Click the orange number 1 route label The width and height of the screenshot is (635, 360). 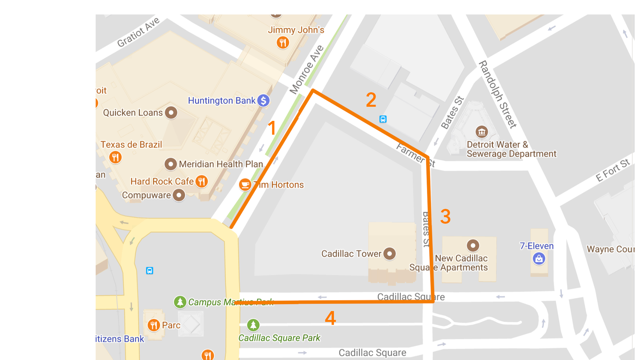[271, 128]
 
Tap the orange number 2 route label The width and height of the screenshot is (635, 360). [371, 100]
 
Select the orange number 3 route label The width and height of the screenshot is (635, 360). [445, 217]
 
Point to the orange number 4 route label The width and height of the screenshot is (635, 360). [330, 318]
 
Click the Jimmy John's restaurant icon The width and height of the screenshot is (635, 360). [283, 42]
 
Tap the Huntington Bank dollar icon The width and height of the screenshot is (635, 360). [263, 101]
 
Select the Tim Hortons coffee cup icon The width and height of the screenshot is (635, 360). [245, 185]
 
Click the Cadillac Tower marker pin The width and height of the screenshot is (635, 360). [389, 254]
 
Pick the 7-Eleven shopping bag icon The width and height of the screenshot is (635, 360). [539, 259]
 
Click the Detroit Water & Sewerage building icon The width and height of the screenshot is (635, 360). [482, 132]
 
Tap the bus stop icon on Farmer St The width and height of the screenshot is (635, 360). [383, 119]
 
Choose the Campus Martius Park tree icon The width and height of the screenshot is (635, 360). [180, 302]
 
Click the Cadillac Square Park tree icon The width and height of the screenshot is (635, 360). [253, 325]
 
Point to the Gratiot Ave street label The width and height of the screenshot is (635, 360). [138, 32]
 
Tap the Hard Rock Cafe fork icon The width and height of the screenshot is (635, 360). [201, 181]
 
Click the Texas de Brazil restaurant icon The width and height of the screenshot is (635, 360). [115, 157]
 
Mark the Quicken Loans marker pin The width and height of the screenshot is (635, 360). [171, 113]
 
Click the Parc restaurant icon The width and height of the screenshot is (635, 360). [153, 325]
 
